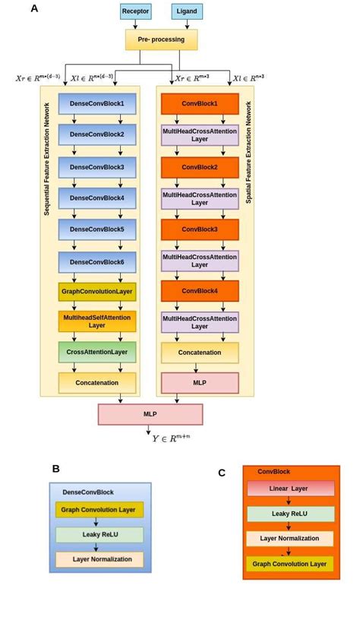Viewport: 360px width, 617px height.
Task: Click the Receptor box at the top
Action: tap(135, 11)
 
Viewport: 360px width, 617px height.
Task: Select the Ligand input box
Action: tap(187, 11)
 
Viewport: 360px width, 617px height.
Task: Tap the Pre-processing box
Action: tap(161, 40)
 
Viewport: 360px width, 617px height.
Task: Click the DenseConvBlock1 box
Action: tap(97, 103)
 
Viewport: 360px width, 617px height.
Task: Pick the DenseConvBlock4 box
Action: tap(97, 198)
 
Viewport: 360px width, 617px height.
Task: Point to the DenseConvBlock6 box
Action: tap(97, 262)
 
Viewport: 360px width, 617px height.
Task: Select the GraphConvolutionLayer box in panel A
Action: tap(97, 292)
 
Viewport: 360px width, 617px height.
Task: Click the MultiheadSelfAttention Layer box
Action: tap(97, 321)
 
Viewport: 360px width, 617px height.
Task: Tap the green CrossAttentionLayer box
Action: tap(97, 352)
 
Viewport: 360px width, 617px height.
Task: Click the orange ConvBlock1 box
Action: tap(200, 103)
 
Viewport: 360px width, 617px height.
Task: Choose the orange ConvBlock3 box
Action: tap(200, 229)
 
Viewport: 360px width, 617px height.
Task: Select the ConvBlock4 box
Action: tap(200, 291)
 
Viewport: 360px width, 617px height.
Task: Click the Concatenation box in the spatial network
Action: tap(200, 353)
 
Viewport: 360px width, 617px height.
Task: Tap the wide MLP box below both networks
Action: tap(150, 414)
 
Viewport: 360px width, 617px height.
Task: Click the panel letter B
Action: tap(55, 469)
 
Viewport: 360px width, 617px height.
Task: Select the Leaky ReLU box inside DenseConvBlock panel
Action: tap(99, 535)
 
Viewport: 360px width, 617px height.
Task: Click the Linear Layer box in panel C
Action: tap(290, 489)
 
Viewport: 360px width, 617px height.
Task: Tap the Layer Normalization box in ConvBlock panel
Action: tap(290, 539)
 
